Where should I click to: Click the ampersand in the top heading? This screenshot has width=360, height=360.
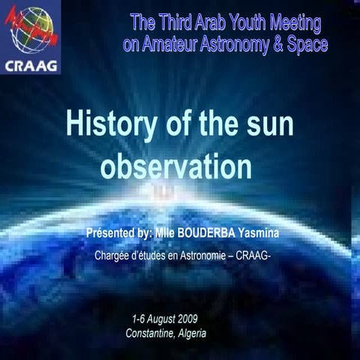click(x=275, y=45)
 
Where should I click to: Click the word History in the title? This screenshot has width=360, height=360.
click(x=114, y=124)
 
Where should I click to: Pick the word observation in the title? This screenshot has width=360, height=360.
click(x=175, y=166)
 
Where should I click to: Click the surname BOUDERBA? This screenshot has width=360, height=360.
click(x=203, y=234)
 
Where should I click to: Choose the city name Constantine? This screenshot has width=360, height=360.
click(x=150, y=334)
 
